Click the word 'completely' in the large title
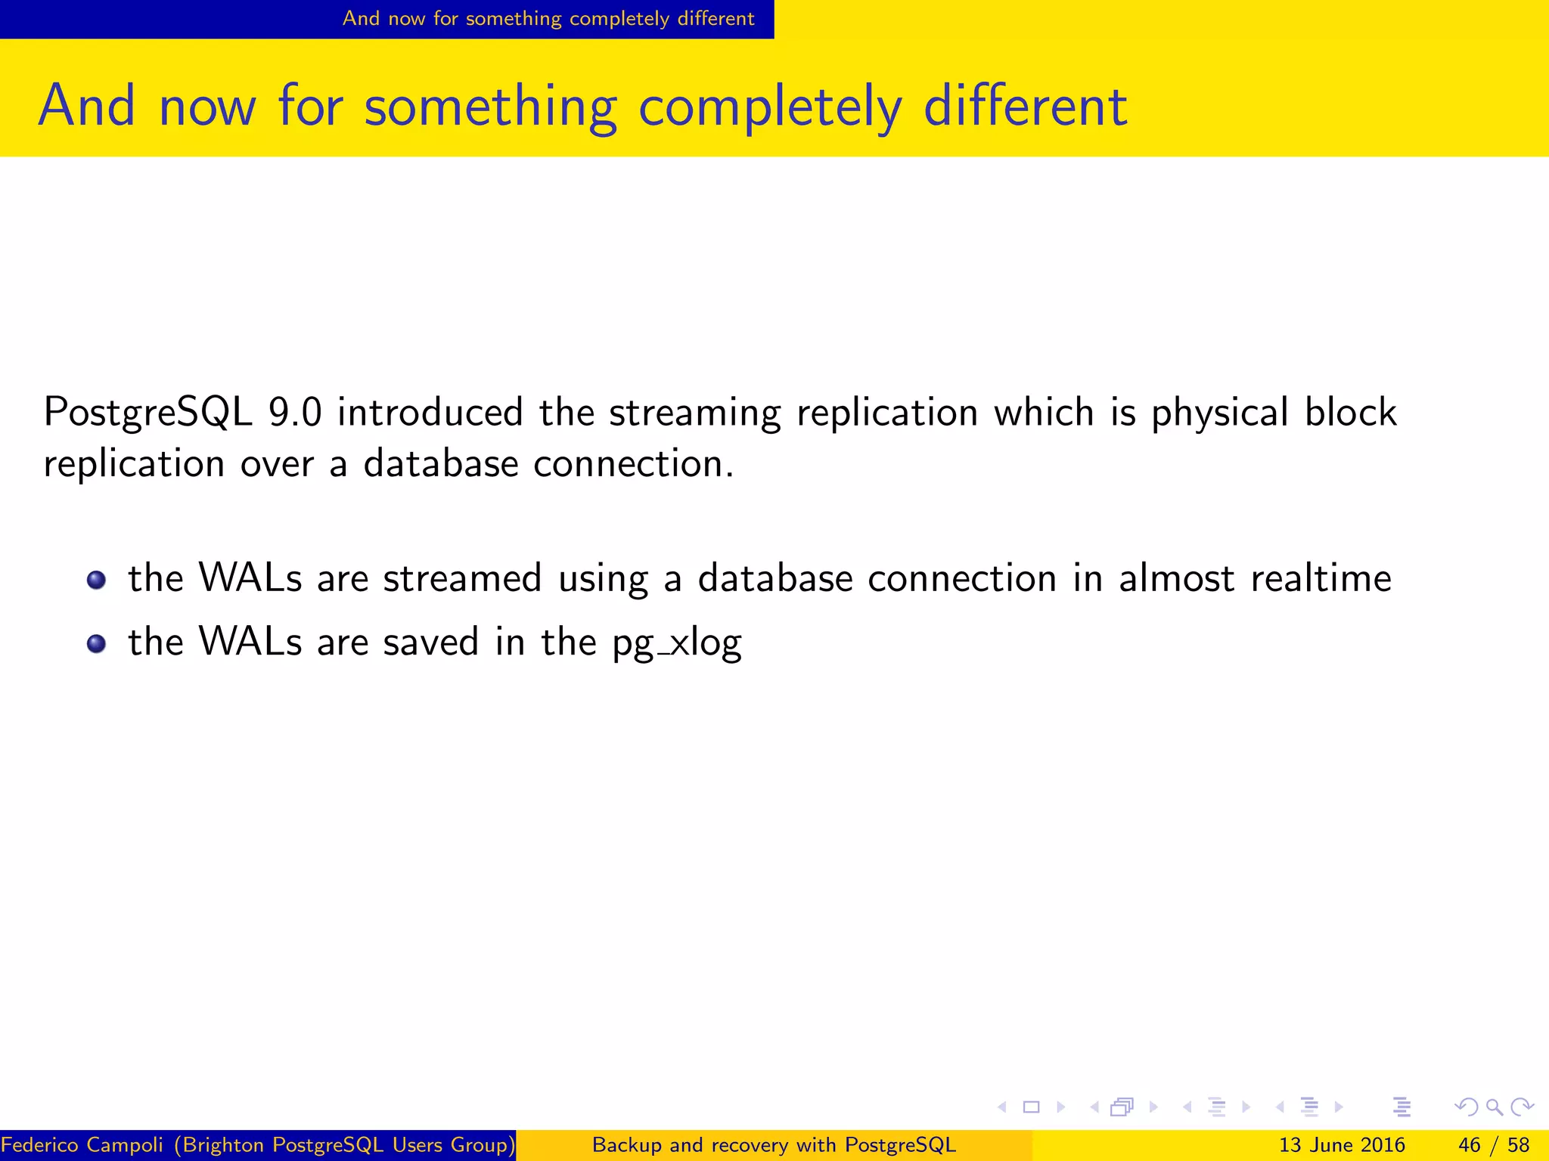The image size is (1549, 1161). pyautogui.click(x=770, y=107)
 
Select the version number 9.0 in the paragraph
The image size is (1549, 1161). pyautogui.click(x=295, y=413)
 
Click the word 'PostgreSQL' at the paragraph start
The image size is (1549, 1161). pyautogui.click(x=147, y=413)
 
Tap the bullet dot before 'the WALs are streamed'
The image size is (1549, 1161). pyautogui.click(x=96, y=580)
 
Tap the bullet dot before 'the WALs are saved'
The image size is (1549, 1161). pyautogui.click(x=96, y=644)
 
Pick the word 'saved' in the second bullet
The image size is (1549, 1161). pyautogui.click(x=431, y=642)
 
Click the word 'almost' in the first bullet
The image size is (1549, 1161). pyautogui.click(x=1176, y=579)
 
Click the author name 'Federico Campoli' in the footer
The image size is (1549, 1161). pyautogui.click(x=82, y=1145)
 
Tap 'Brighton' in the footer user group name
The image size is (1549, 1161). pyautogui.click(x=224, y=1145)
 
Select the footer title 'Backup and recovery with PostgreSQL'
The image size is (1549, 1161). pyautogui.click(x=774, y=1145)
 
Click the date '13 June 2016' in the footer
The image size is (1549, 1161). pyautogui.click(x=1342, y=1145)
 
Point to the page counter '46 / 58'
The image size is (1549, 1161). pyautogui.click(x=1493, y=1145)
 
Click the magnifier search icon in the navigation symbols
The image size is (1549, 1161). pyautogui.click(x=1494, y=1107)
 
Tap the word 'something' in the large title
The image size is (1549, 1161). pyautogui.click(x=490, y=107)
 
